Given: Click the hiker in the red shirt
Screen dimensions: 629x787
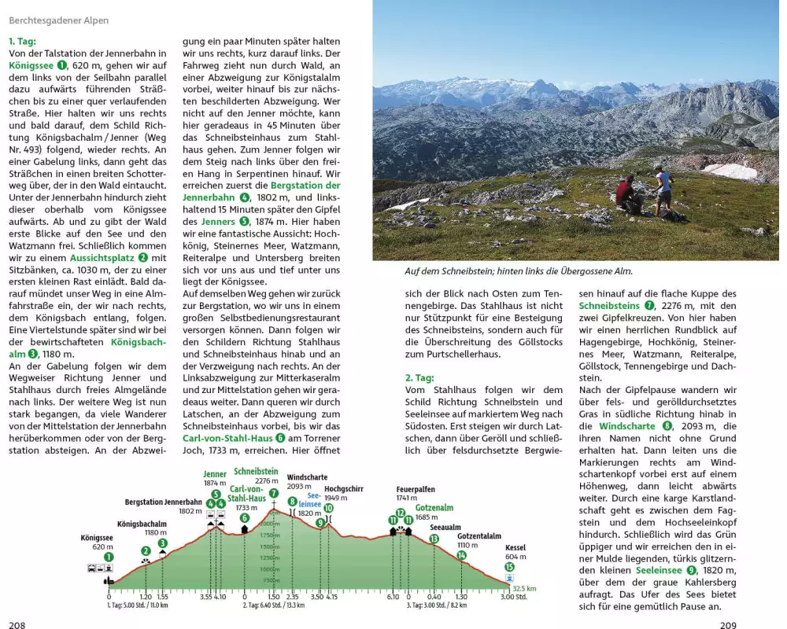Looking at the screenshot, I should (x=626, y=194).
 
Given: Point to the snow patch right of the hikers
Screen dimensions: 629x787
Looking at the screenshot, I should (x=730, y=171).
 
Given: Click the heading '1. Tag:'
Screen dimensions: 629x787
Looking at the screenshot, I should (x=22, y=41).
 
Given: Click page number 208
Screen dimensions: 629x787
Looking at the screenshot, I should (x=17, y=625).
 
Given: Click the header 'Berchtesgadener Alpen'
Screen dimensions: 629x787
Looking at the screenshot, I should (x=59, y=20).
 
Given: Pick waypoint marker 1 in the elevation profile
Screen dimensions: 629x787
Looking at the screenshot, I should (x=109, y=557).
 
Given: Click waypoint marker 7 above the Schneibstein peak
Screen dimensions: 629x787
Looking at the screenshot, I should (x=273, y=494).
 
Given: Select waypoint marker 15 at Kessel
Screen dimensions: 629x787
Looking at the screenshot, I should (x=510, y=566).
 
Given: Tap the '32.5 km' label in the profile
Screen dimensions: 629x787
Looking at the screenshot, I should (x=523, y=588).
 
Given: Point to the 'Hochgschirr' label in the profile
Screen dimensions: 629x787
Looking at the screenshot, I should (x=344, y=488).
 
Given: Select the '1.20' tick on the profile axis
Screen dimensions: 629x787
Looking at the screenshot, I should (x=146, y=598).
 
